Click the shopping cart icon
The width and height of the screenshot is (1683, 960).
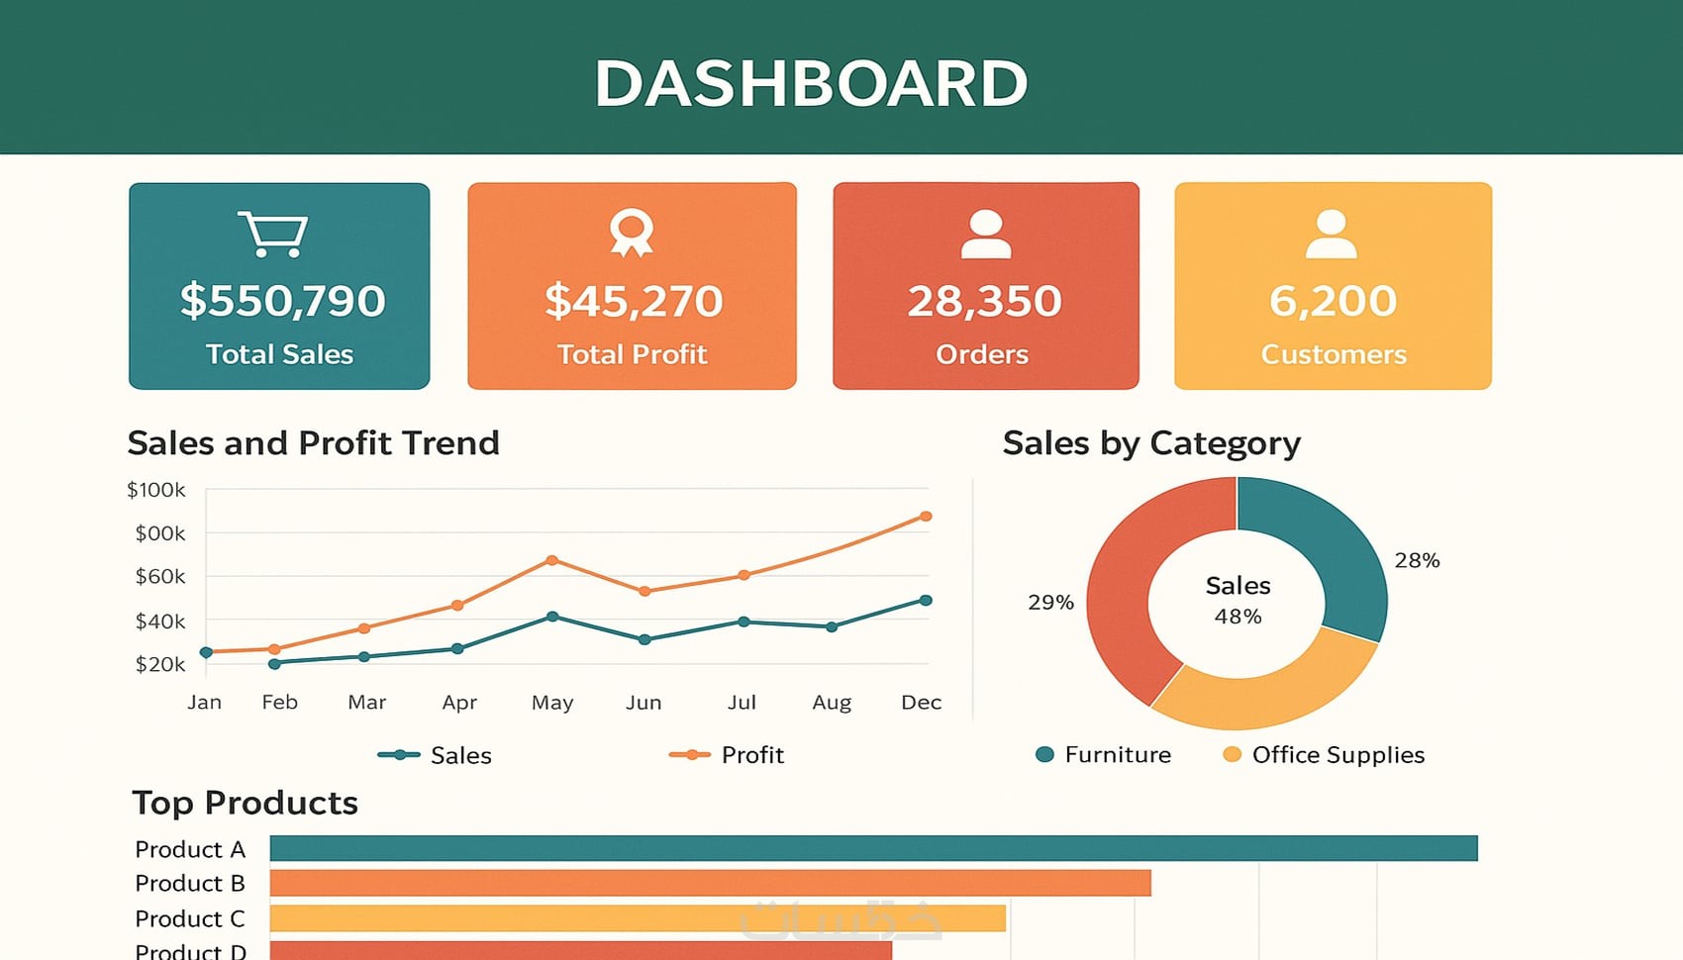click(x=273, y=235)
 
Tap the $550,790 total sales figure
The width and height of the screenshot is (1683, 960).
click(x=282, y=301)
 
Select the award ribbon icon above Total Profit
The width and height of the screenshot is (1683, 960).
click(x=632, y=233)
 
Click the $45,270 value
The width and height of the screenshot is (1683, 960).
click(x=634, y=301)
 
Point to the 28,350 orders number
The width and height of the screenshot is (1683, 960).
click(x=984, y=301)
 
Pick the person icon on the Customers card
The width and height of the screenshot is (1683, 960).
click(x=1331, y=235)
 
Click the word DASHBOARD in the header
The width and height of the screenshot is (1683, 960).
click(x=811, y=83)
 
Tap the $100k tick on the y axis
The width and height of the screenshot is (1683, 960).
click(x=156, y=490)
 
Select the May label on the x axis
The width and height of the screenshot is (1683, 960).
click(x=552, y=703)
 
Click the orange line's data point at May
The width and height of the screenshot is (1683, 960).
click(x=552, y=561)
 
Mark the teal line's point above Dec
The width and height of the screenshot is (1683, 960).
click(x=926, y=601)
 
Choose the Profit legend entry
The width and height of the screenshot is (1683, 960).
click(x=728, y=755)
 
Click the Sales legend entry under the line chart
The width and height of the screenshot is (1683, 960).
click(x=436, y=755)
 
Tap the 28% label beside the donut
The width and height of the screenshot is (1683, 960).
click(x=1417, y=561)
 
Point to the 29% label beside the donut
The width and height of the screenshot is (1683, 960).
click(x=1050, y=603)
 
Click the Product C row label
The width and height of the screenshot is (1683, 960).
click(x=190, y=919)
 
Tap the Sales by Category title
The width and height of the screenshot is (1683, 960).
click(x=1151, y=443)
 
